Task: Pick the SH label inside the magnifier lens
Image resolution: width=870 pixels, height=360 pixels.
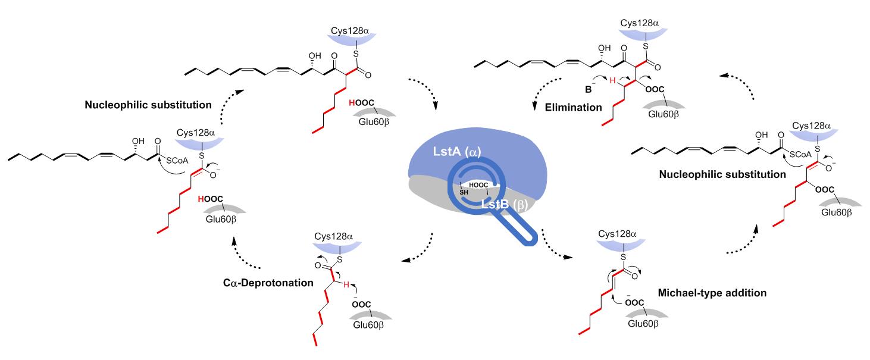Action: click(x=464, y=191)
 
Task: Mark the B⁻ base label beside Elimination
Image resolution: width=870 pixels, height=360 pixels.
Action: click(x=590, y=92)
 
